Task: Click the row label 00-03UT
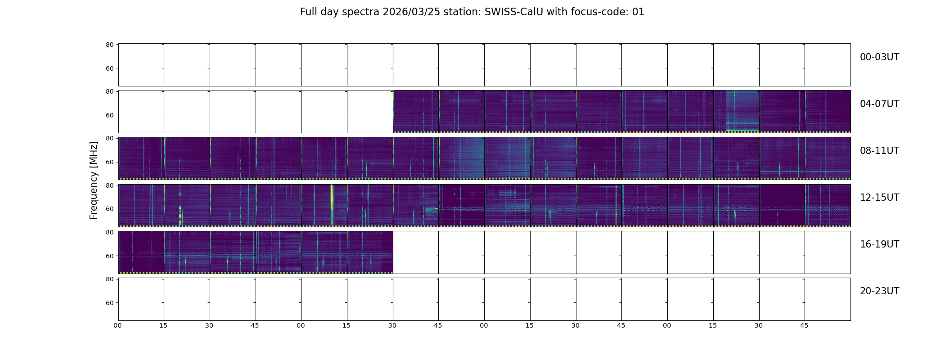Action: click(x=879, y=57)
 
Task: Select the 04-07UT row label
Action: click(x=879, y=104)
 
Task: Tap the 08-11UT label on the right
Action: click(x=879, y=151)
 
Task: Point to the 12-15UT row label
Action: click(x=879, y=198)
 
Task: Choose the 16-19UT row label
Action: click(x=879, y=244)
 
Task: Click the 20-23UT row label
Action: click(x=879, y=291)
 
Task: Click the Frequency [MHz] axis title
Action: click(x=94, y=180)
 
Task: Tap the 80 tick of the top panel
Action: click(x=109, y=45)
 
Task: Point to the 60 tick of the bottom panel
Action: click(x=109, y=303)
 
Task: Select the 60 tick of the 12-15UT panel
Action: click(x=109, y=209)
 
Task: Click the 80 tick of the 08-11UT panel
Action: click(x=109, y=138)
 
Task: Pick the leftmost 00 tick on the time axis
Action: click(x=117, y=325)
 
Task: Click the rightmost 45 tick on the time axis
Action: click(x=804, y=325)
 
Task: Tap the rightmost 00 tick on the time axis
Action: click(x=667, y=325)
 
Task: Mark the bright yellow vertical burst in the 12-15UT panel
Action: click(x=332, y=205)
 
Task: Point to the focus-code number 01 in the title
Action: click(x=639, y=12)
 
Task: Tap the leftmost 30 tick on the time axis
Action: click(x=209, y=325)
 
